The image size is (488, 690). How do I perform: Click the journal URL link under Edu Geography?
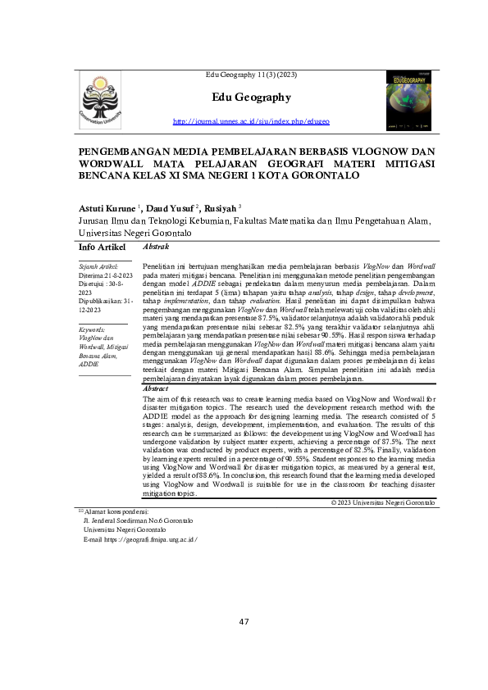click(x=251, y=121)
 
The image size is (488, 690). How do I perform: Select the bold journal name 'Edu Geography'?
click(x=251, y=98)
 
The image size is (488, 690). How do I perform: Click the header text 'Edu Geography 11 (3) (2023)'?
click(x=251, y=76)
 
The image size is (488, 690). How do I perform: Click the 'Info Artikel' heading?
click(x=102, y=247)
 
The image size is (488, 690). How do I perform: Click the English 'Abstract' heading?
click(x=157, y=388)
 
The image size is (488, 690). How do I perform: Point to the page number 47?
click(x=244, y=621)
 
